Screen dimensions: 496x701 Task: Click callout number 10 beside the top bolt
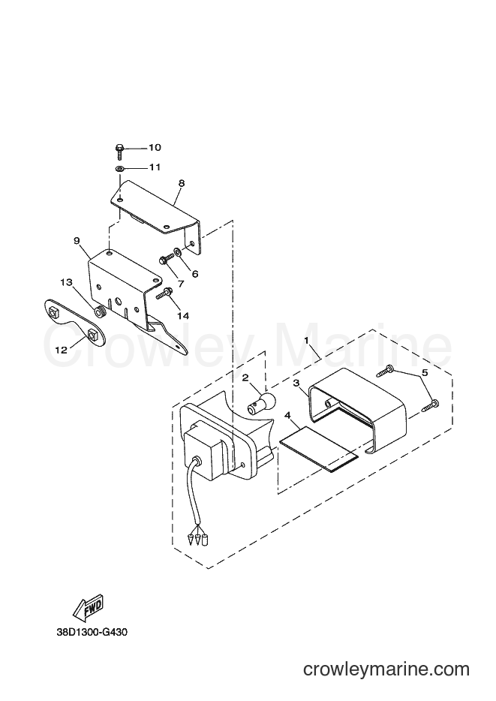(155, 148)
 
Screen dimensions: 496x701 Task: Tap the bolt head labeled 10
(120, 148)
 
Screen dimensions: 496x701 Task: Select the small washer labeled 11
(119, 169)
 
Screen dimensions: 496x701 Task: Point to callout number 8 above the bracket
(181, 183)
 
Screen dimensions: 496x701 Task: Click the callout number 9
(77, 241)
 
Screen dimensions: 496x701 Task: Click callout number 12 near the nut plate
(62, 350)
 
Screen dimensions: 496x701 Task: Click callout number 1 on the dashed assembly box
(306, 340)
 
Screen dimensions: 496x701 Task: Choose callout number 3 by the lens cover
(296, 383)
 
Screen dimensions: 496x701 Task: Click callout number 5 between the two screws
(425, 372)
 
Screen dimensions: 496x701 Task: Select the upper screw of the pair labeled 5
(385, 370)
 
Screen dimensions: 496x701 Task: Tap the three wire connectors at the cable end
(197, 540)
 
